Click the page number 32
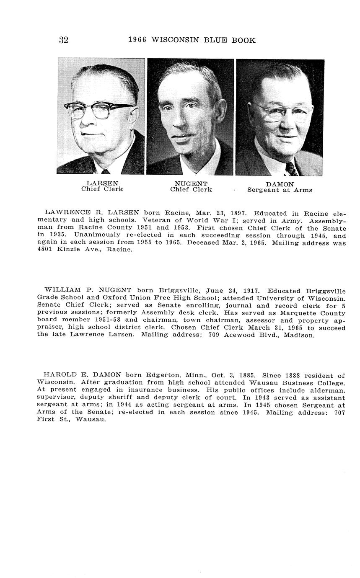point(63,40)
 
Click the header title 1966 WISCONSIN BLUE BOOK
point(192,40)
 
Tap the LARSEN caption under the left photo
point(102,183)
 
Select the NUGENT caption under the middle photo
point(191,183)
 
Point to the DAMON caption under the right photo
point(280,184)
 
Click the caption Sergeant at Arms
point(280,190)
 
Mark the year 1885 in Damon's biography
point(247,375)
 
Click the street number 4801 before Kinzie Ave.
point(45,250)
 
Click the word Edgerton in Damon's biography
point(162,375)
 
